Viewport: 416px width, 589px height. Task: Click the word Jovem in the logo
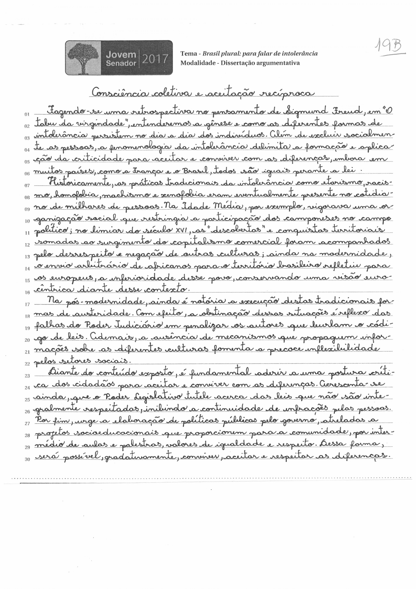121,55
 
